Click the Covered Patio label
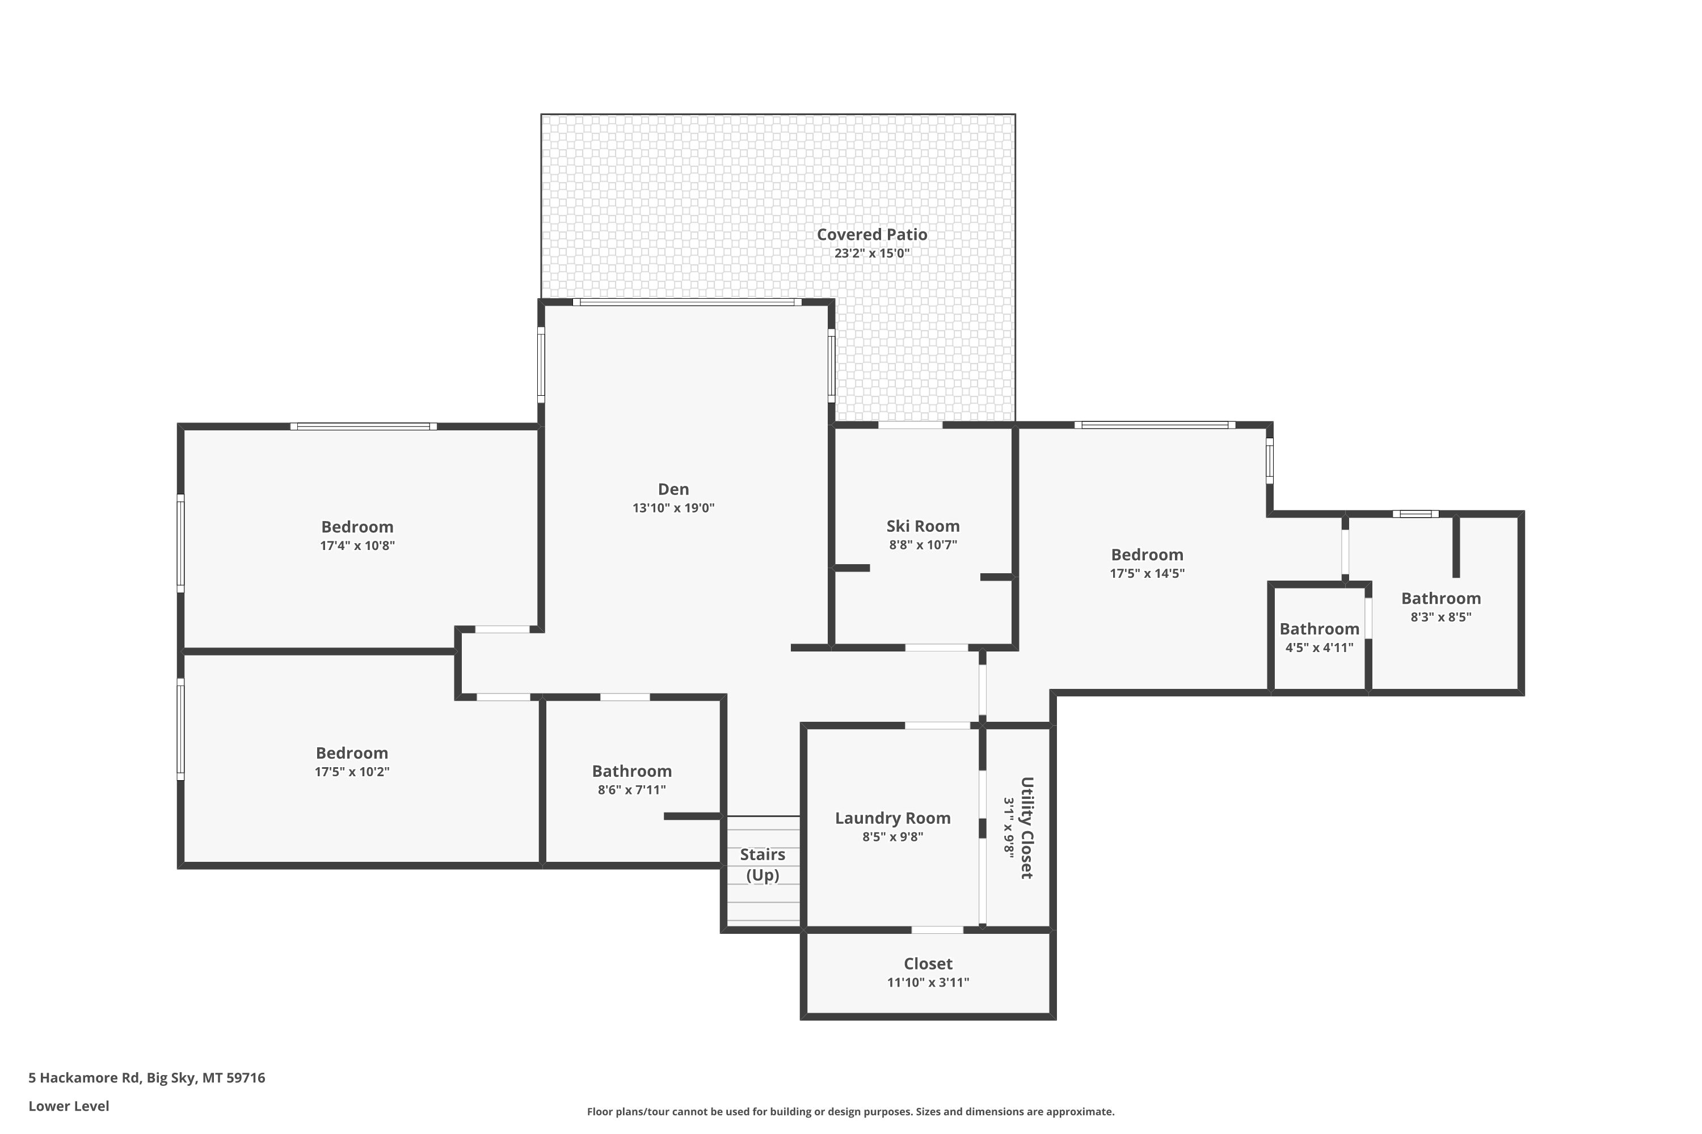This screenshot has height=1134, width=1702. pyautogui.click(x=872, y=234)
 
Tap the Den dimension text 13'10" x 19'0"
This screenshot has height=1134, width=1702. pyautogui.click(x=673, y=507)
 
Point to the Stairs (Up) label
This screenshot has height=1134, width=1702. pyautogui.click(x=762, y=865)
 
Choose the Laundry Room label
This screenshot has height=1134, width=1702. pyautogui.click(x=892, y=818)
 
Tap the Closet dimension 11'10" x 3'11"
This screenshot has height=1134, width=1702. pyautogui.click(x=928, y=982)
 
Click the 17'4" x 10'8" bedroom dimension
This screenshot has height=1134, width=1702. pyautogui.click(x=357, y=545)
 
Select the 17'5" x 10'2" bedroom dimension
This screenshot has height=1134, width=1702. pyautogui.click(x=352, y=772)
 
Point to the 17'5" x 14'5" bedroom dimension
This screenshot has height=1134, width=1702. pyautogui.click(x=1147, y=573)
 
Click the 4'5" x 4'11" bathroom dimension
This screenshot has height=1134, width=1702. pyautogui.click(x=1319, y=648)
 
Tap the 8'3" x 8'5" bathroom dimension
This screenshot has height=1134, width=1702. pyautogui.click(x=1441, y=617)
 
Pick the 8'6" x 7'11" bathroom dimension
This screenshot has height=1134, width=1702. pyautogui.click(x=632, y=790)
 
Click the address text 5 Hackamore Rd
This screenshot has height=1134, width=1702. pyautogui.click(x=84, y=1078)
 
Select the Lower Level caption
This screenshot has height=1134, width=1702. pyautogui.click(x=69, y=1106)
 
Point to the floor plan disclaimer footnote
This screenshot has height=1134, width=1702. pyautogui.click(x=850, y=1111)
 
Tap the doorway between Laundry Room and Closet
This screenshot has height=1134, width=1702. pyautogui.click(x=937, y=930)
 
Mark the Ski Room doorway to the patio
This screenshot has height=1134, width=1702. pyautogui.click(x=911, y=425)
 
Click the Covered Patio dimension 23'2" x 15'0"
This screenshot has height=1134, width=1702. pyautogui.click(x=872, y=253)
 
